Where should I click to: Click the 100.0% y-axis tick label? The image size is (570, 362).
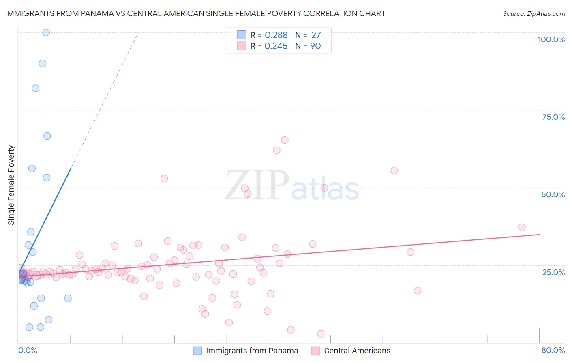(551, 39)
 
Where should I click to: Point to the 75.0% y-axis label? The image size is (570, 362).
(553, 117)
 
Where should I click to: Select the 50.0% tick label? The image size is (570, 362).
(553, 194)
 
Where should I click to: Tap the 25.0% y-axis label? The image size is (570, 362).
(553, 272)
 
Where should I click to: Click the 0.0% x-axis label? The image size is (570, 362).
(28, 350)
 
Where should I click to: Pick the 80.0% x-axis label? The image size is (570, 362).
(553, 350)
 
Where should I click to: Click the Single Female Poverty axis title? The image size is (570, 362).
(11, 185)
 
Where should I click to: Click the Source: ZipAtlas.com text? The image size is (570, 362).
(534, 13)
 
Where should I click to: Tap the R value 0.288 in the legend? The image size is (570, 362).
(276, 35)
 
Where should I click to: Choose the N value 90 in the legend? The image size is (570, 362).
(315, 46)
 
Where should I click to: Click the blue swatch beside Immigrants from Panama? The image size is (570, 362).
(197, 351)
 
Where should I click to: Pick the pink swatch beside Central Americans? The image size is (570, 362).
(315, 351)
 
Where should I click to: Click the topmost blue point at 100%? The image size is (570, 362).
(46, 32)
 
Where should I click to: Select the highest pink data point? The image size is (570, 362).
(285, 140)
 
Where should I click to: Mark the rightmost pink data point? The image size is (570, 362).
(522, 227)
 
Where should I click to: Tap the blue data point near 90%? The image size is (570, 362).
(43, 63)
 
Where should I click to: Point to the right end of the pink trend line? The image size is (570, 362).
(539, 235)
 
